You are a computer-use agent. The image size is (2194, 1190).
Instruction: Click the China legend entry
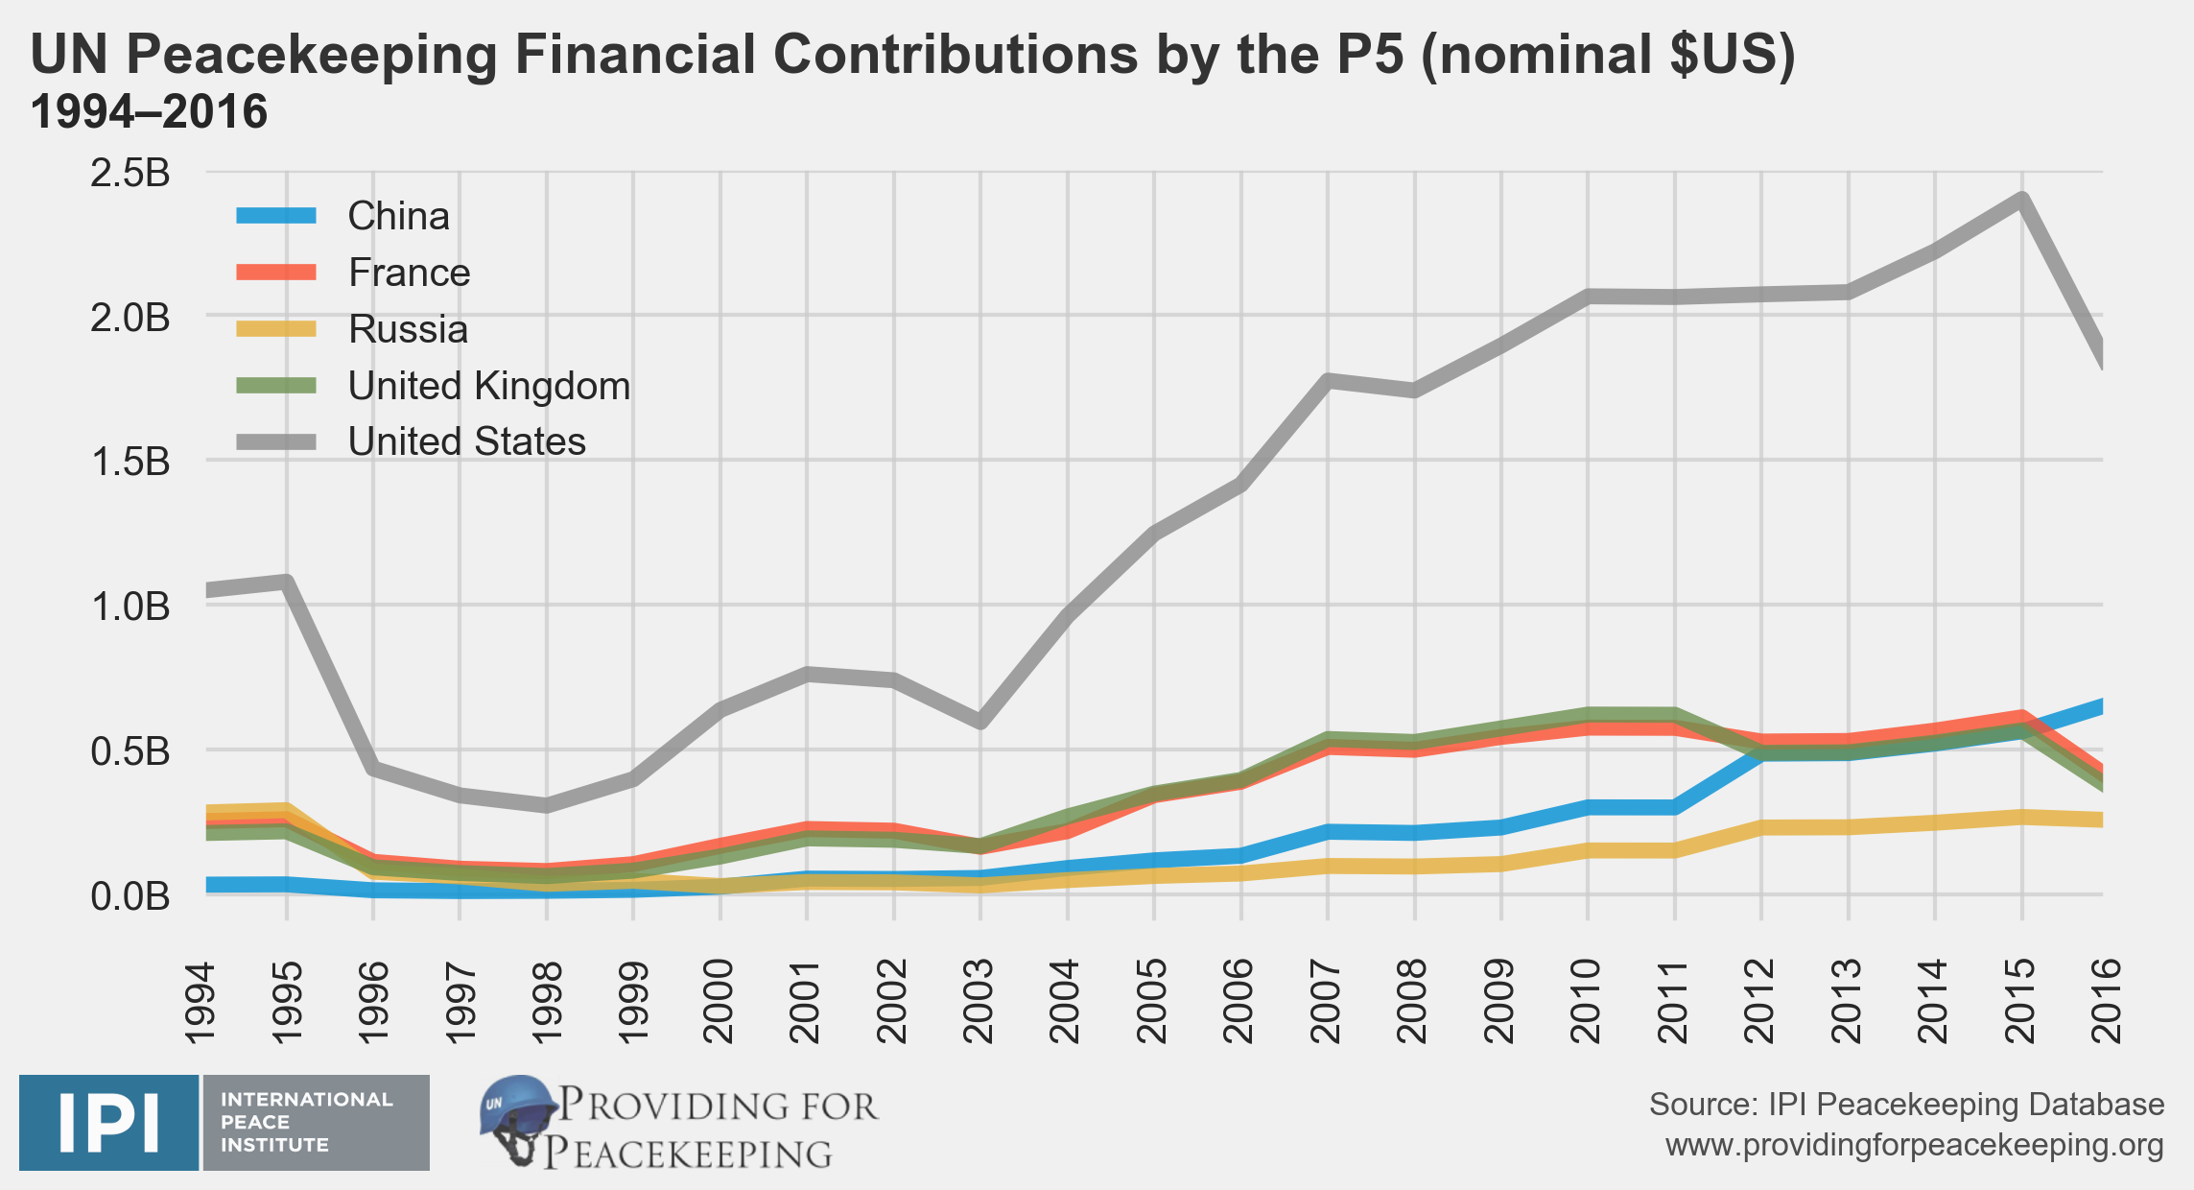(x=398, y=217)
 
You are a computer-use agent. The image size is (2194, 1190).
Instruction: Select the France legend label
(x=409, y=274)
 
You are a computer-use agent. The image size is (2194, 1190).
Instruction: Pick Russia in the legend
(x=408, y=330)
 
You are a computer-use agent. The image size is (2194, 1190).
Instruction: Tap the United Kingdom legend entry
(x=488, y=386)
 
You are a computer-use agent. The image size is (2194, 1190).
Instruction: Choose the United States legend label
(x=466, y=442)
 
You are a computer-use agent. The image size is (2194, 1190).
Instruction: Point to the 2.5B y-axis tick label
(x=130, y=174)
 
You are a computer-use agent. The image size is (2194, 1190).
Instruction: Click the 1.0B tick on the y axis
(x=130, y=607)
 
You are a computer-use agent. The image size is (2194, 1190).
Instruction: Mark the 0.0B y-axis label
(x=130, y=896)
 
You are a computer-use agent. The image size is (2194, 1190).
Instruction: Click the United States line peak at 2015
(x=2021, y=201)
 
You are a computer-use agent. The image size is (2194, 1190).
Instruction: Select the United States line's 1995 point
(x=286, y=581)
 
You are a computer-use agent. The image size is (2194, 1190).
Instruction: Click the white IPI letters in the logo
(x=108, y=1123)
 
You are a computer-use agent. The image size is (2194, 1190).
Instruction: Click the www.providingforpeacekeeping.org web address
(x=1914, y=1146)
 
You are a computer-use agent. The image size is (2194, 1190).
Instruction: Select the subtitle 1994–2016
(x=149, y=112)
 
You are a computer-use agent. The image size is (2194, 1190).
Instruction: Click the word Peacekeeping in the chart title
(x=312, y=55)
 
